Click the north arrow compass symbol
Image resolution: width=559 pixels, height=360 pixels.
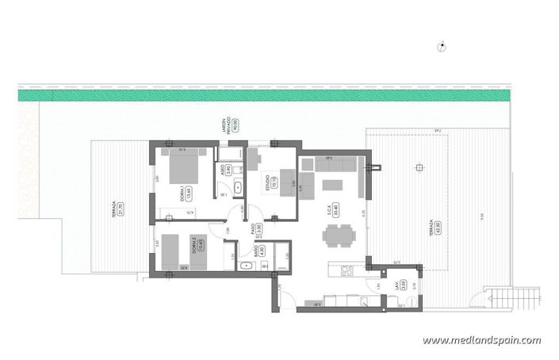pyautogui.click(x=442, y=48)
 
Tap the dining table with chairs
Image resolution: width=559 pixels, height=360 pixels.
pyautogui.click(x=339, y=235)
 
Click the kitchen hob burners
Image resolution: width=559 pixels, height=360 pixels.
pyautogui.click(x=347, y=272)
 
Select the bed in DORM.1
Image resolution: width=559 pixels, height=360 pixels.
pyautogui.click(x=186, y=165)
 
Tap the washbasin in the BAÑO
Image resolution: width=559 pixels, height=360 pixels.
pyautogui.click(x=244, y=266)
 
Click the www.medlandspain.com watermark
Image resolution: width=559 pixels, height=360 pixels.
pyautogui.click(x=481, y=340)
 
